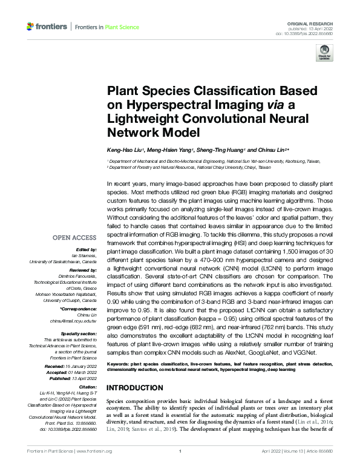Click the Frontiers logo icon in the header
tap(30, 27)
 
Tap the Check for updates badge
tap(325, 53)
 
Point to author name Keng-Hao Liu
tap(125, 149)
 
